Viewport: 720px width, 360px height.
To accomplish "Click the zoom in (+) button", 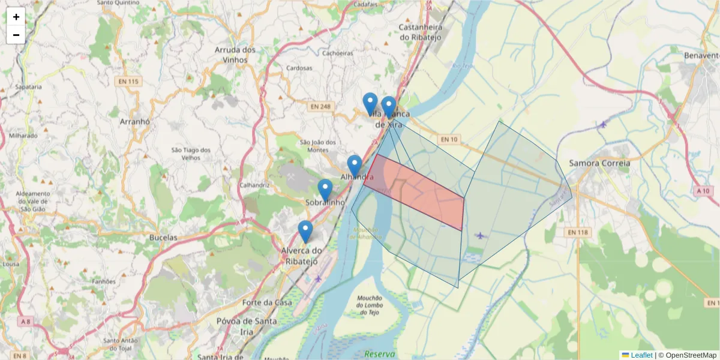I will point(16,17).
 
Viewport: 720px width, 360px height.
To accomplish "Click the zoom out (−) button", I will point(16,35).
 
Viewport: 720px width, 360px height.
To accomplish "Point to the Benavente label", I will point(701,56).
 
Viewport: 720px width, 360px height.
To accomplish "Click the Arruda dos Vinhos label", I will point(235,55).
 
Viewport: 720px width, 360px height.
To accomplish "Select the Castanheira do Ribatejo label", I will point(421,32).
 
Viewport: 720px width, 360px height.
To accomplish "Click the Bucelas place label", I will point(163,238).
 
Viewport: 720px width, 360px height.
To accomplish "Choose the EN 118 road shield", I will point(578,232).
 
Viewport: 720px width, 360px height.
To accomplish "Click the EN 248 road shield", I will point(321,106).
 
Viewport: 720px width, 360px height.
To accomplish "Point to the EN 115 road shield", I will point(128,82).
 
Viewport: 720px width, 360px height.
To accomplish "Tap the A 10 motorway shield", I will point(704,191).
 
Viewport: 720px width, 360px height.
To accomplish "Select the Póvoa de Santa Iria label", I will point(247,326).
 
